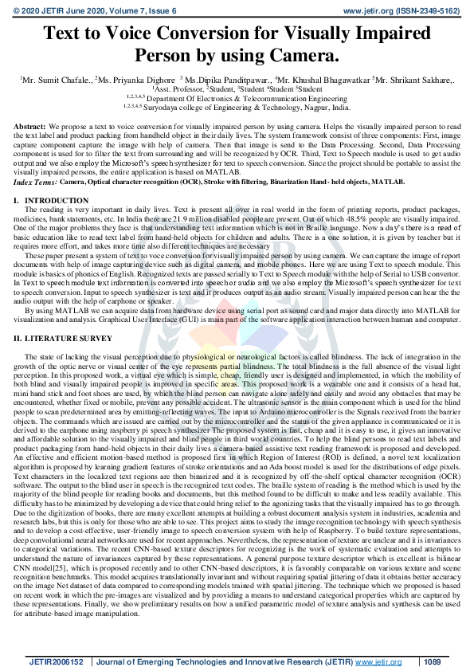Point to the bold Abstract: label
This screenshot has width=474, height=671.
click(30, 127)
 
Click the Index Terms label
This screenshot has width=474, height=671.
click(34, 182)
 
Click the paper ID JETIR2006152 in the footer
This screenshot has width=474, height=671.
click(57, 661)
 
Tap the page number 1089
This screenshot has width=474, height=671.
click(432, 661)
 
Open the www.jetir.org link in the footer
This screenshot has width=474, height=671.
click(378, 661)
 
